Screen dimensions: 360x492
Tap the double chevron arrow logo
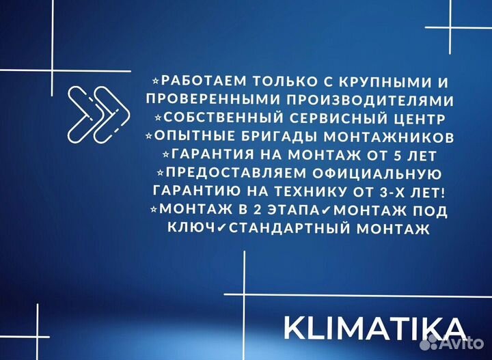[x=99, y=113]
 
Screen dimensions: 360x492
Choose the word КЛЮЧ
[x=190, y=227]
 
